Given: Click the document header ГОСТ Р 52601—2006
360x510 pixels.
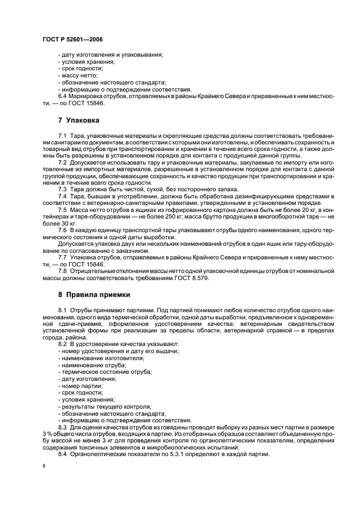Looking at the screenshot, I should point(72,40).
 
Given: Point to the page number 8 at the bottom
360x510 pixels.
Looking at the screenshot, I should point(44,466).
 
